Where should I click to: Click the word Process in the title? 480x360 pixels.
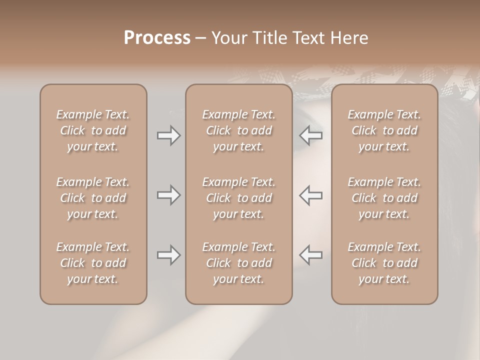157,38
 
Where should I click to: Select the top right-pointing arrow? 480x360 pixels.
169,135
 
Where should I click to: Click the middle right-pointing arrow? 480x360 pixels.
169,195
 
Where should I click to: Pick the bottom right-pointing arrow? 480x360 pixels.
169,255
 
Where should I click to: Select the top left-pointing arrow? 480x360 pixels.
311,135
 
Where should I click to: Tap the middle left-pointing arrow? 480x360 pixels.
311,195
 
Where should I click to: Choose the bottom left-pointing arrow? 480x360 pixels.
311,255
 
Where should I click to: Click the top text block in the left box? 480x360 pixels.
93,130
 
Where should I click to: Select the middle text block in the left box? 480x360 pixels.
93,198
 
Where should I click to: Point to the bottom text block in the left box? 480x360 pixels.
93,263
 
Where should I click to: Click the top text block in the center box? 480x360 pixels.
239,130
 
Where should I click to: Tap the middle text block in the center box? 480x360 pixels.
239,198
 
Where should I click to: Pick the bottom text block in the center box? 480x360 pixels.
239,263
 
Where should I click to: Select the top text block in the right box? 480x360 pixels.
384,130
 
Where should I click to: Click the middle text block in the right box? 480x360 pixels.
384,198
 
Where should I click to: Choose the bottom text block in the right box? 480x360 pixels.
384,263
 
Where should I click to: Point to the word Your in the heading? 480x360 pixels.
229,38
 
